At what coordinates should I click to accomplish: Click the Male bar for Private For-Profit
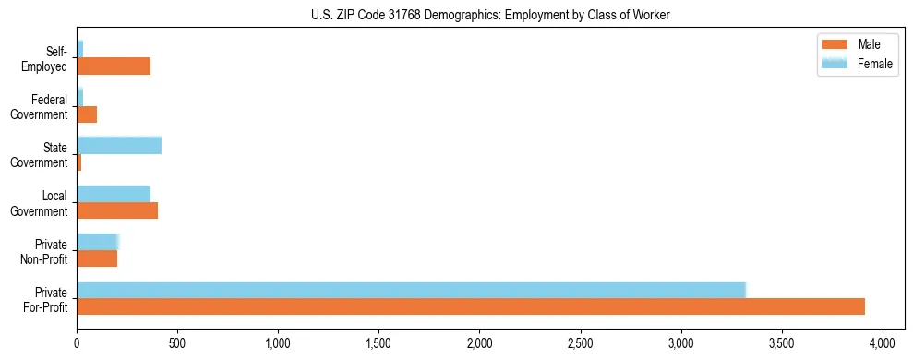click(471, 306)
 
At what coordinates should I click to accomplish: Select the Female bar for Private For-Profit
click(411, 289)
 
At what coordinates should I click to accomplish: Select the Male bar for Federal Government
click(87, 114)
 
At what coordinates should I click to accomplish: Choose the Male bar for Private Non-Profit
click(97, 258)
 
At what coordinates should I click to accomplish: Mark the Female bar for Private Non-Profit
click(98, 241)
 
